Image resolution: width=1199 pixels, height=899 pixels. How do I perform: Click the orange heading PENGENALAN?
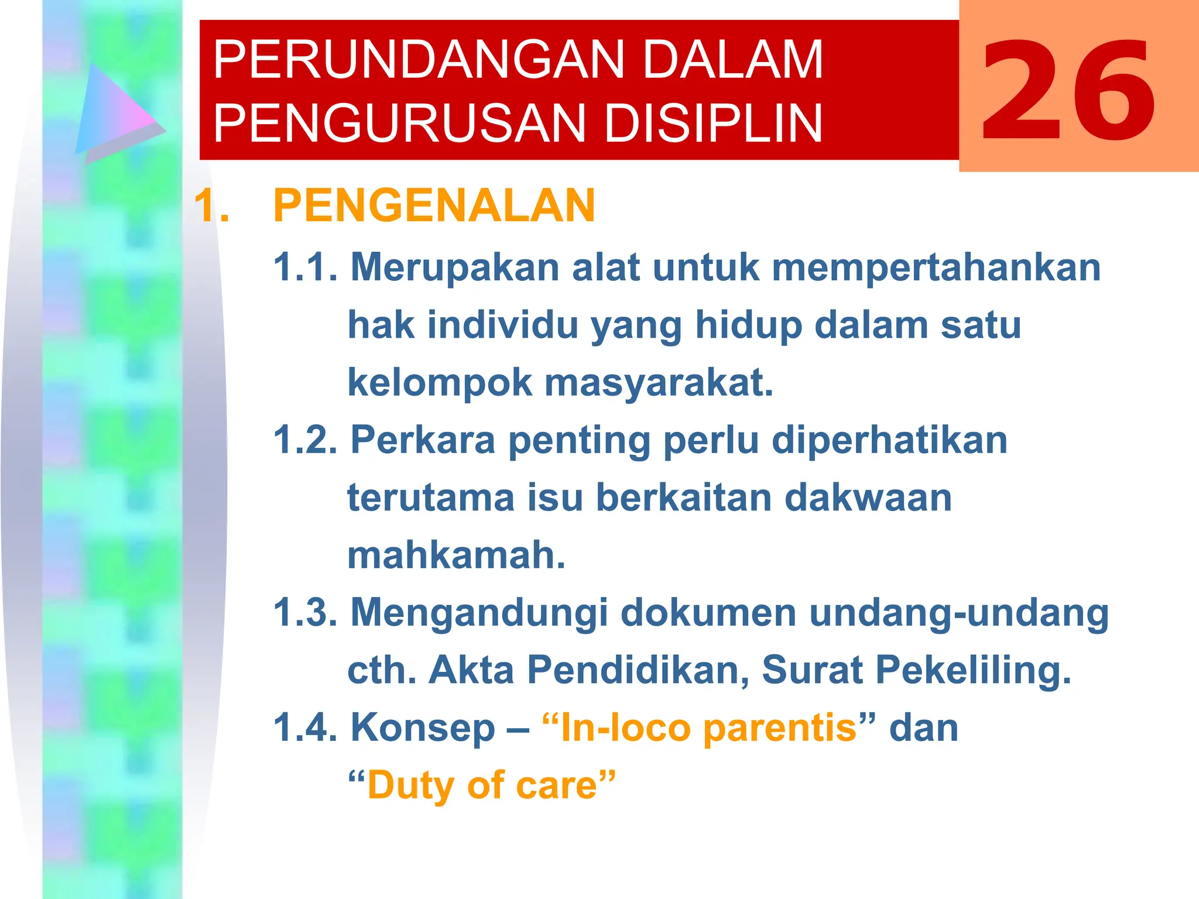(434, 205)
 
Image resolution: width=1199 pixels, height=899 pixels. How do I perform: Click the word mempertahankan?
(936, 267)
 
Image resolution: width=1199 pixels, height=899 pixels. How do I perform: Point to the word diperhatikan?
(889, 440)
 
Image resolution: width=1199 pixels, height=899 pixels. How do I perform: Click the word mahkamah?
(456, 555)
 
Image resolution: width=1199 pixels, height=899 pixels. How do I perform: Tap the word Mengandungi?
(479, 612)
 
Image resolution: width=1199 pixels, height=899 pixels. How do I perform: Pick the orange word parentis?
(779, 728)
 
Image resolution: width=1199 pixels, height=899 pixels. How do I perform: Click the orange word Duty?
(412, 785)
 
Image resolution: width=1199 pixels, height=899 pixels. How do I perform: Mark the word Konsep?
(423, 728)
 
